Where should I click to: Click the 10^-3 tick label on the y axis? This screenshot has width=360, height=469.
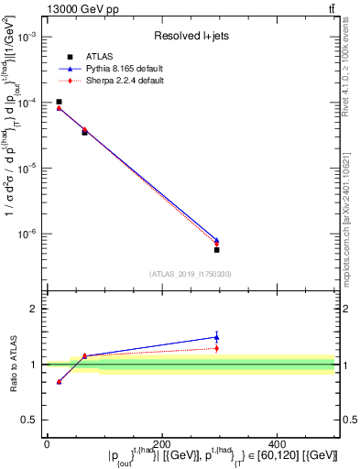pyautogui.click(x=27, y=37)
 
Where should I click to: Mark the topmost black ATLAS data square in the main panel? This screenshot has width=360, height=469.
pyautogui.click(x=59, y=102)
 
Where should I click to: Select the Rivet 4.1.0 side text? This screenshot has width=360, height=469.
pyautogui.click(x=351, y=69)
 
